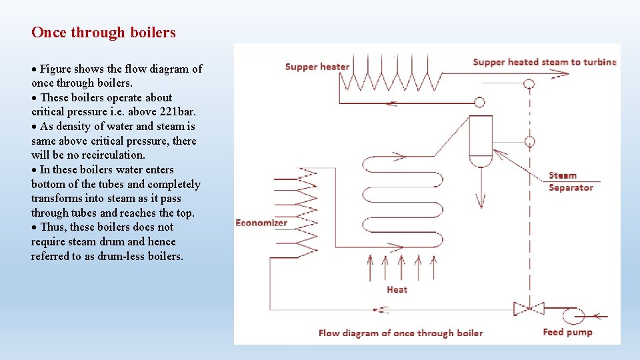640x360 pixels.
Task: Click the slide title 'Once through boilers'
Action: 103,32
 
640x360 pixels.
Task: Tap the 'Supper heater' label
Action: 317,67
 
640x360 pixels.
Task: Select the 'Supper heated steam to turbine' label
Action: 544,62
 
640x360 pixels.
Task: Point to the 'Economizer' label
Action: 261,223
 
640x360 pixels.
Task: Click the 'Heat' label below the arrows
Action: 397,289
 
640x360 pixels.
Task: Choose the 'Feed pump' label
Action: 567,332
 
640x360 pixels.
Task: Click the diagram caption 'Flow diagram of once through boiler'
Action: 400,333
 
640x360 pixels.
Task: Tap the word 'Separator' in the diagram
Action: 571,188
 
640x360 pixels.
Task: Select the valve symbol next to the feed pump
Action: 529,309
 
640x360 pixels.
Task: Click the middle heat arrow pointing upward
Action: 401,267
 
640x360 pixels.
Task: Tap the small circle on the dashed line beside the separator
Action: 529,142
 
